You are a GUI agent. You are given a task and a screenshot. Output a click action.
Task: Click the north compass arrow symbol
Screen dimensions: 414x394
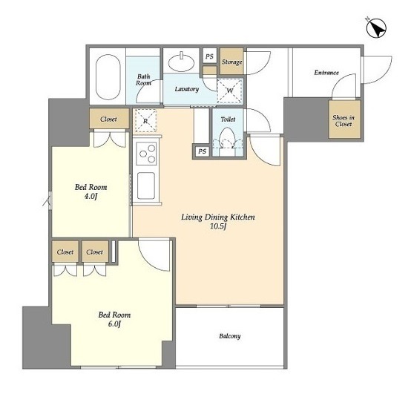[x=376, y=28]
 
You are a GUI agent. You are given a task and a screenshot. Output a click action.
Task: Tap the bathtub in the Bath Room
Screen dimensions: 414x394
[x=108, y=77]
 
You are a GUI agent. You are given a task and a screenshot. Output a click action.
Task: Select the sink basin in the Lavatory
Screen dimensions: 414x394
[x=181, y=62]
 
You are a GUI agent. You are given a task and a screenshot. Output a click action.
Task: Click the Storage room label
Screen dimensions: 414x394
[x=231, y=62]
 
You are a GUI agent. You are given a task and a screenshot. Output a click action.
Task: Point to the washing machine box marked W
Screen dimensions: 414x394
[x=230, y=91]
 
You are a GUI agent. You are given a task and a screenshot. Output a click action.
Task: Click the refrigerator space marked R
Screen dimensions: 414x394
[x=145, y=121]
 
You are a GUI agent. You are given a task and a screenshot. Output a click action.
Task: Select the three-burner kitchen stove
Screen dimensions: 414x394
[x=146, y=154]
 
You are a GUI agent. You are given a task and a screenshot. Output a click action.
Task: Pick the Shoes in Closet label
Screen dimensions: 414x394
[x=344, y=121]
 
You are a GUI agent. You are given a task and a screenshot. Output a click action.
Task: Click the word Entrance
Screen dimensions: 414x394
[x=326, y=73]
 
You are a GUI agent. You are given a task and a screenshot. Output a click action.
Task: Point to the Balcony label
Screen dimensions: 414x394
[x=230, y=336]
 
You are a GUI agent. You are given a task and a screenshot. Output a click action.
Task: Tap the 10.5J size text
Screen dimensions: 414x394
[x=218, y=226]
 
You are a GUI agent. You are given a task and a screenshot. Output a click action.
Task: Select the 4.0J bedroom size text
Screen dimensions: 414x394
[x=91, y=196]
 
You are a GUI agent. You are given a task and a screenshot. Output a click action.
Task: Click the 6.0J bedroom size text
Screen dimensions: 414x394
[x=114, y=324]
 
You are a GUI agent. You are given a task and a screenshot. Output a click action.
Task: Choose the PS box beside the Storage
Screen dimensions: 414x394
[x=210, y=56]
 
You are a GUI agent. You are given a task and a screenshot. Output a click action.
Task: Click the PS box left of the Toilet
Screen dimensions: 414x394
[x=203, y=151]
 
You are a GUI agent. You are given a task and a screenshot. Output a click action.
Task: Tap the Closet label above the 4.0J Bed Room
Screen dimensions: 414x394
[x=108, y=119]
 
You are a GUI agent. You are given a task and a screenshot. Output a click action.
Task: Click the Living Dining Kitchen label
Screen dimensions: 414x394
[x=218, y=217]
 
